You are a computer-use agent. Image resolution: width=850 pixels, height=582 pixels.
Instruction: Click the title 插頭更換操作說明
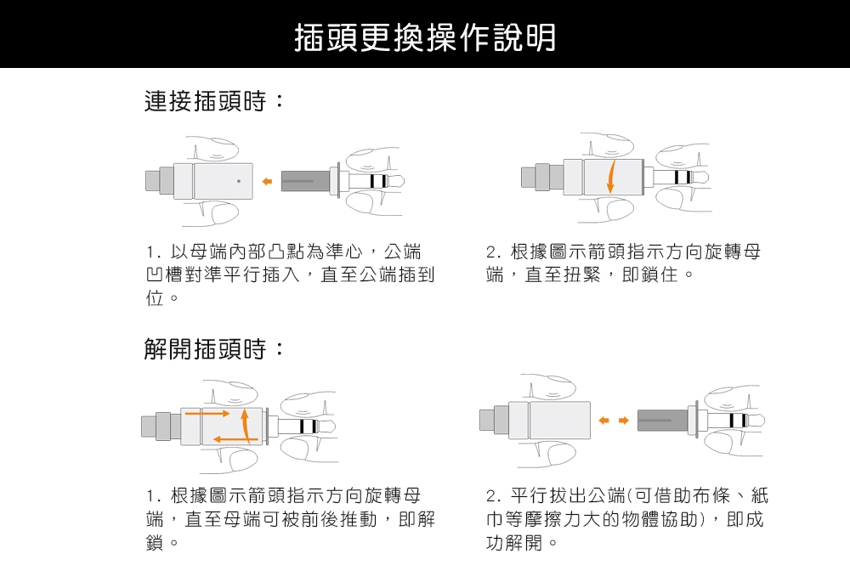click(x=424, y=37)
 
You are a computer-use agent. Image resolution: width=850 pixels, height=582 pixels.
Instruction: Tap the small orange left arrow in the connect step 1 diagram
click(x=267, y=181)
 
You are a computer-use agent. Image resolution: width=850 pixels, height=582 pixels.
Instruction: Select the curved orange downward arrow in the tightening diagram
click(x=610, y=177)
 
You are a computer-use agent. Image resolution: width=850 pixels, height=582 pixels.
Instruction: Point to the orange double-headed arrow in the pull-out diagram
click(x=612, y=420)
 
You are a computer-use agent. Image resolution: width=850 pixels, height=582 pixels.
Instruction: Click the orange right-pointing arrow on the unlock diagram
click(x=208, y=414)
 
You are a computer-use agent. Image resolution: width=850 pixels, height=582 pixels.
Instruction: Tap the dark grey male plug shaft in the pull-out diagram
click(x=662, y=420)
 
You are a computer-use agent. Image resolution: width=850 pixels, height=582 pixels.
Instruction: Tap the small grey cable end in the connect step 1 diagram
click(x=153, y=181)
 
